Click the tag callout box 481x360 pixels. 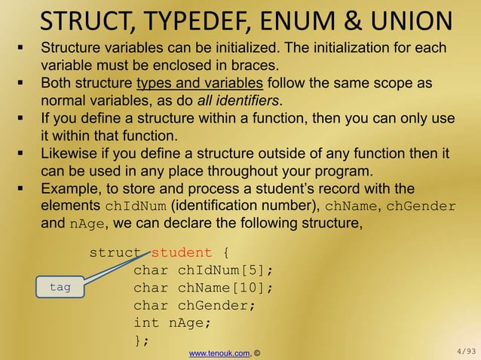pos(60,287)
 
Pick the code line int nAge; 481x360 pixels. pos(173,322)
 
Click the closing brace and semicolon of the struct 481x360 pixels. pos(141,340)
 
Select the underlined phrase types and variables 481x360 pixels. pos(199,83)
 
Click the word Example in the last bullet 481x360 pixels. pos(70,189)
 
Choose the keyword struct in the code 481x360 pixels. pos(115,252)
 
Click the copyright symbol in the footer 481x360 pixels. pos(257,352)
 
